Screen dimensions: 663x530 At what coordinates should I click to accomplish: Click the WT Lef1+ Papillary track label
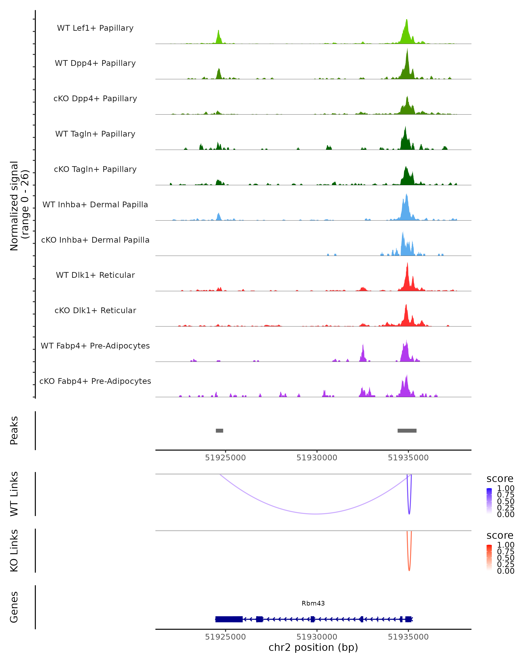95,28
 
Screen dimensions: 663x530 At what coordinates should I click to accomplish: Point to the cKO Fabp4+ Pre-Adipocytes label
95,381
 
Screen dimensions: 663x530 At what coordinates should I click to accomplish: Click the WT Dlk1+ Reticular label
95,275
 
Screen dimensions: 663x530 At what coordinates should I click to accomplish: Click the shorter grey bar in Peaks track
219,431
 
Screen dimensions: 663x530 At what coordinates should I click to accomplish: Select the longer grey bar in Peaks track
407,431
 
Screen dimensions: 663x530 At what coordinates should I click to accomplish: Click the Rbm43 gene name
313,603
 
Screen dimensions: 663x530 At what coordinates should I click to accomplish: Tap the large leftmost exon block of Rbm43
229,619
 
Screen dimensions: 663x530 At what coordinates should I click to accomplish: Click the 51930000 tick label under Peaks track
317,458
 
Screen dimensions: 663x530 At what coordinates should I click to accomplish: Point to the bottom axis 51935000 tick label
408,637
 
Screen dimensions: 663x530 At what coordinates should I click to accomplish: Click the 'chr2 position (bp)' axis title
313,648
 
